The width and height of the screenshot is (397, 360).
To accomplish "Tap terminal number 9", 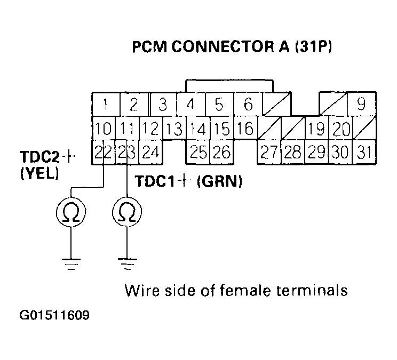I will [361, 104].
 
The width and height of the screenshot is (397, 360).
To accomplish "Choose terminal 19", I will [316, 129].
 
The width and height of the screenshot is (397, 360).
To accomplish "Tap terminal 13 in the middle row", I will [173, 129].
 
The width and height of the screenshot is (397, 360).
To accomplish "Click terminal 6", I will [248, 104].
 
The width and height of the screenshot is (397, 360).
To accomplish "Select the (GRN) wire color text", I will [220, 181].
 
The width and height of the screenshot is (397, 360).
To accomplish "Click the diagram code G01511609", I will [54, 316].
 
